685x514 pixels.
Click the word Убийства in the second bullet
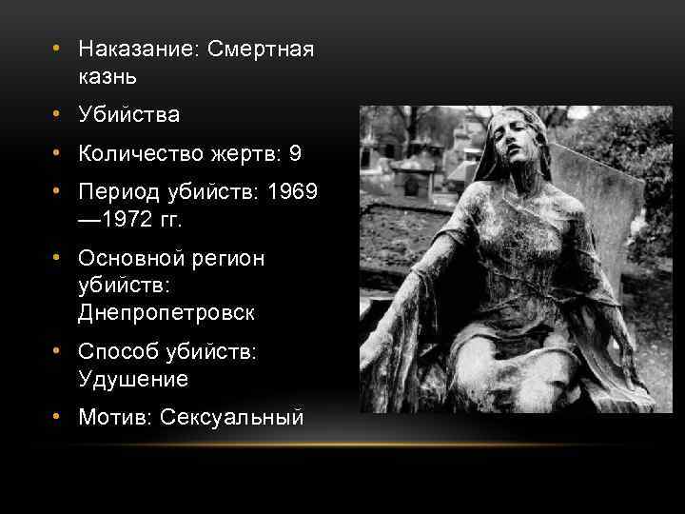click(129, 114)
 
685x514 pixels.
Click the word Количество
click(139, 153)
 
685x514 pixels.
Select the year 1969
click(293, 192)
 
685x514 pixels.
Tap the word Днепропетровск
click(167, 311)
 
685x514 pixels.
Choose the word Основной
click(130, 259)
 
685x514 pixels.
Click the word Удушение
click(134, 378)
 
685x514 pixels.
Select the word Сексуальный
click(232, 416)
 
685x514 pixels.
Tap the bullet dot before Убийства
click(59, 114)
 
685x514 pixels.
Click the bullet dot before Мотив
click(59, 416)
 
